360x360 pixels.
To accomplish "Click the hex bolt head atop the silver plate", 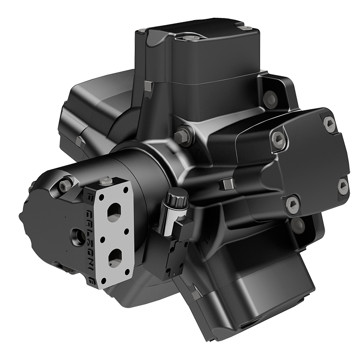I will coord(105,181).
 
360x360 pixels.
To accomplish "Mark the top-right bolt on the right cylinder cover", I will coord(330,124).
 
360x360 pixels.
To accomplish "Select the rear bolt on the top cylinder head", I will coord(245,27).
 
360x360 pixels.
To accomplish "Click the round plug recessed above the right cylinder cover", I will coord(270,98).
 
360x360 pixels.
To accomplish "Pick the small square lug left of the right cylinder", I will coord(225,184).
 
